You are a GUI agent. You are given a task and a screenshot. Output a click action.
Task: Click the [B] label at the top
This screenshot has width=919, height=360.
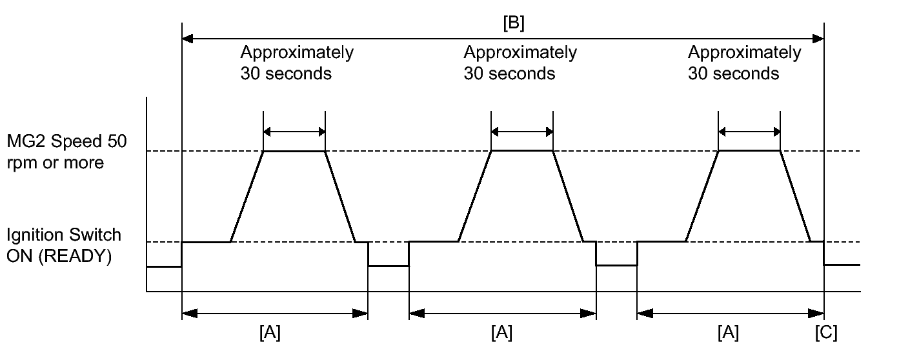(514, 23)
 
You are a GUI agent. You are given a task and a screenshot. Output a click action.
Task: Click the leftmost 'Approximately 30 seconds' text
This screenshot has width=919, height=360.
(296, 63)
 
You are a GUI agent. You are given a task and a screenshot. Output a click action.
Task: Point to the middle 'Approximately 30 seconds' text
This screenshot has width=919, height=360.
(520, 63)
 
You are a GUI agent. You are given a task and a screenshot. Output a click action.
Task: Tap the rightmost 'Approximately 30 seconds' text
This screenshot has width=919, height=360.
(744, 63)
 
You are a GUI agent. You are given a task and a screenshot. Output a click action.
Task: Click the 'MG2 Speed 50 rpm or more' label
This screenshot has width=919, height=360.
(67, 152)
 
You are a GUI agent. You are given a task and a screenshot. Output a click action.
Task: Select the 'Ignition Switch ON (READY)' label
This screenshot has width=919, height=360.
(64, 245)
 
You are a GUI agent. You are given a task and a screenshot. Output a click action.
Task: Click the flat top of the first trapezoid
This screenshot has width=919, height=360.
(294, 151)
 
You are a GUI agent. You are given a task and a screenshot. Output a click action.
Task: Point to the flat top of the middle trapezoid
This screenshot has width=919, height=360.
(522, 151)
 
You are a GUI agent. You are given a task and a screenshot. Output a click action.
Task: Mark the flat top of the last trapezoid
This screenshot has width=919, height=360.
(749, 151)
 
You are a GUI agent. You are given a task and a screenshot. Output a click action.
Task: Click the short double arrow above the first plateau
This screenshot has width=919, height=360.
(294, 132)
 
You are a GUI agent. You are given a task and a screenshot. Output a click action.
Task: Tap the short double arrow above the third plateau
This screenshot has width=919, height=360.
(749, 132)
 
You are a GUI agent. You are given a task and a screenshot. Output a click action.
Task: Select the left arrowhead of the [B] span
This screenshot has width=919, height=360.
(188, 39)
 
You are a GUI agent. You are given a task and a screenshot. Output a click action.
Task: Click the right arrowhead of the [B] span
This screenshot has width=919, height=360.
(818, 39)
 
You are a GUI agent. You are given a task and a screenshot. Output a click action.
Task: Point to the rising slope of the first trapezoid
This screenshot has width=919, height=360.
(247, 197)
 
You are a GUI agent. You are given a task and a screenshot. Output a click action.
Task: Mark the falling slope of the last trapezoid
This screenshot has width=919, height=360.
(795, 197)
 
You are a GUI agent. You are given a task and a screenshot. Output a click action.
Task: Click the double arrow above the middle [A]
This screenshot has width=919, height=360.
(502, 314)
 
